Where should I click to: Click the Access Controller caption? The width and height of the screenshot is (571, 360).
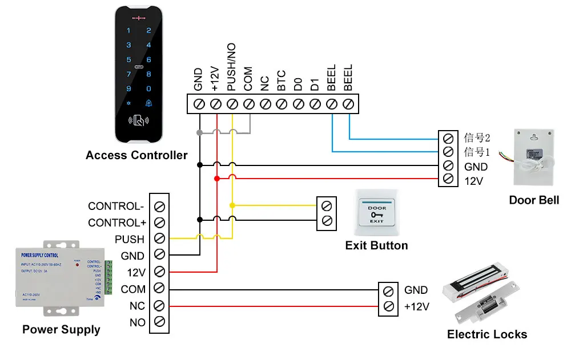[x=136, y=155]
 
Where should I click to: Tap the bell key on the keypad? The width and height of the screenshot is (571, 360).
[x=149, y=103]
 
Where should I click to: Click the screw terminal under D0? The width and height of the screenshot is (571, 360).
[x=298, y=104]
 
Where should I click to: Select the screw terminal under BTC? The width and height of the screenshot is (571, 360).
[x=282, y=104]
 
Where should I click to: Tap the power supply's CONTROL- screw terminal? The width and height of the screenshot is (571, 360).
[x=160, y=205]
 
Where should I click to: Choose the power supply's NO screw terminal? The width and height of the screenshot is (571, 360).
[x=160, y=322]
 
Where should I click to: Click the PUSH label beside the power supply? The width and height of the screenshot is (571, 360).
[x=130, y=239]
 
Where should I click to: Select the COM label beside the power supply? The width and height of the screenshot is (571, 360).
[x=133, y=289]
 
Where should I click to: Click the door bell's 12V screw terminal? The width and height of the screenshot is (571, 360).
[x=448, y=179]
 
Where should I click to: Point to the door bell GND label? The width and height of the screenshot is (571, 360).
[x=476, y=167]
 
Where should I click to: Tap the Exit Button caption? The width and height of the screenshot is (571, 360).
[x=377, y=246]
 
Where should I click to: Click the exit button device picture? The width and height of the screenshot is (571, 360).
[x=376, y=212]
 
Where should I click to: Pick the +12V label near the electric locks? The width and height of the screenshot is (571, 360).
[x=417, y=307]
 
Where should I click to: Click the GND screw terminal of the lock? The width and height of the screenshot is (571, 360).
[x=389, y=290]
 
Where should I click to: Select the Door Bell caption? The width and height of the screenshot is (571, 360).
[x=534, y=200]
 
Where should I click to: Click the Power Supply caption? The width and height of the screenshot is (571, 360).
[x=61, y=330]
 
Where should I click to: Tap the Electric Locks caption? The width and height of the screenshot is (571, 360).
[x=487, y=335]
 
